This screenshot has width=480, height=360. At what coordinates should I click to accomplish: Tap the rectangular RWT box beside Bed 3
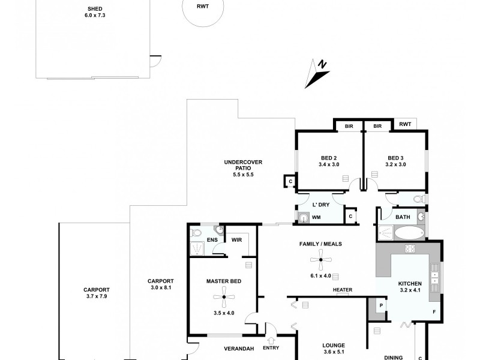[x=405, y=124]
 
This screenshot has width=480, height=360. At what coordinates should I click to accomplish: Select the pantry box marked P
[x=380, y=306]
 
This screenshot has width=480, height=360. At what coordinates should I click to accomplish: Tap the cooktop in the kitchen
[x=411, y=248]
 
